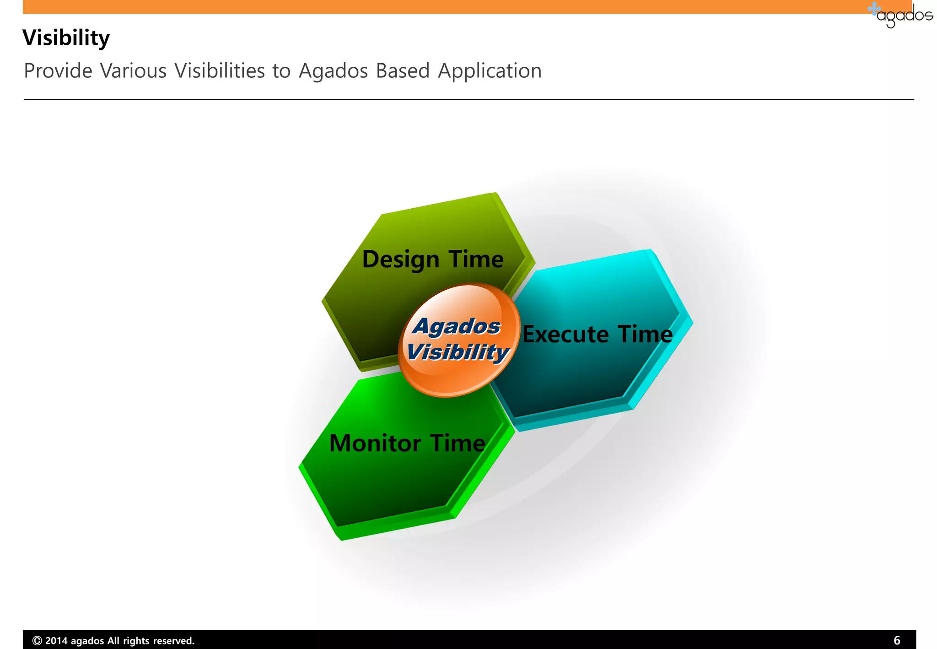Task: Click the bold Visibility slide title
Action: [66, 38]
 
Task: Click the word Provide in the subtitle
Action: [58, 71]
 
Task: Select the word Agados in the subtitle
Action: [333, 71]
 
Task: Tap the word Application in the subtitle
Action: [490, 71]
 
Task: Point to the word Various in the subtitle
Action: [133, 71]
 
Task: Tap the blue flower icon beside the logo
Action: [874, 9]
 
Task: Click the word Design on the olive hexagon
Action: [400, 260]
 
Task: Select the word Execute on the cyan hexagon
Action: [565, 334]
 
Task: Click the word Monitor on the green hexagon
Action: [375, 443]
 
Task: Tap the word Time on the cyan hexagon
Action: [645, 334]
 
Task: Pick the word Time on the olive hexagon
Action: [476, 259]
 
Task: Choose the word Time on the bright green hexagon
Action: [458, 443]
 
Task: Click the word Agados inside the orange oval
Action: [457, 326]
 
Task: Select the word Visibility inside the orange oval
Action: [458, 352]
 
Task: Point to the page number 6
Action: [897, 640]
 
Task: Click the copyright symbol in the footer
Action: [38, 641]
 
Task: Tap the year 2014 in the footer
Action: [56, 641]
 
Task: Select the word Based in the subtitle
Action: [403, 71]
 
